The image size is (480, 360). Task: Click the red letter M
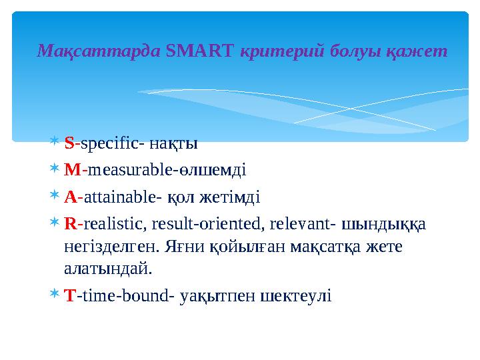72,169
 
